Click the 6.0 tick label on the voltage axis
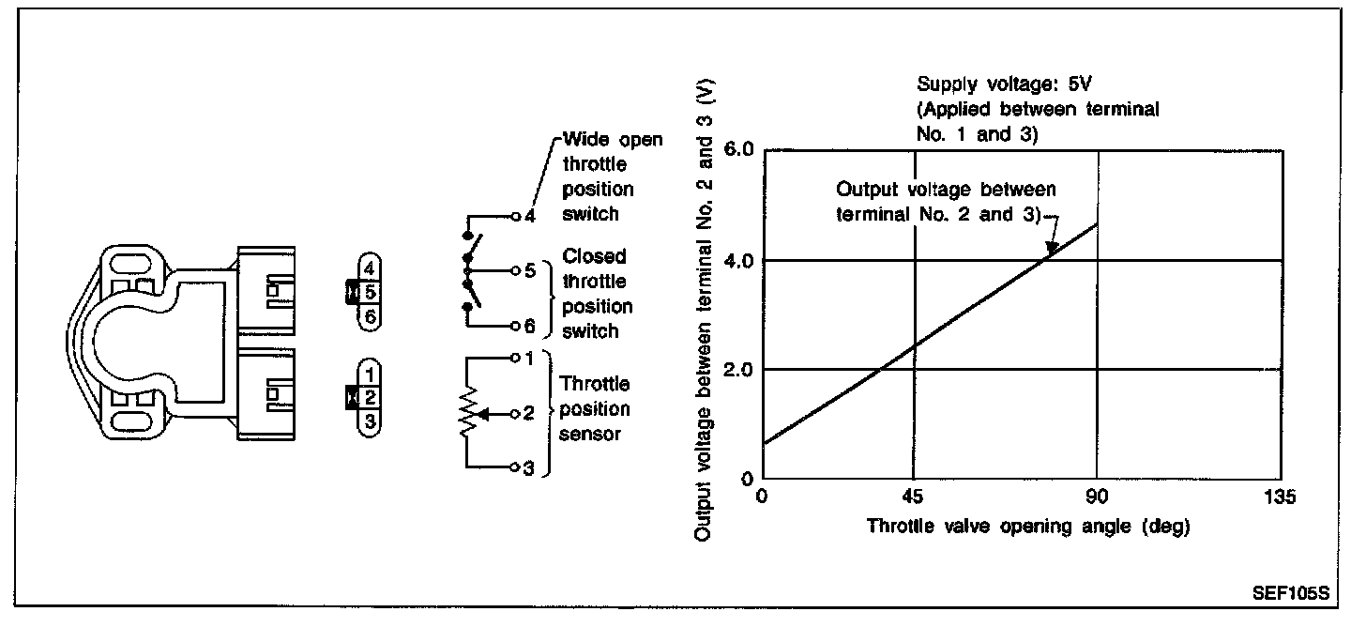pyautogui.click(x=739, y=150)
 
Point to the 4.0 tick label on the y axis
pyautogui.click(x=739, y=260)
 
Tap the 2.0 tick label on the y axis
pyautogui.click(x=739, y=369)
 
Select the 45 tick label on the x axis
pyautogui.click(x=913, y=497)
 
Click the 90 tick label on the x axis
pyautogui.click(x=1097, y=497)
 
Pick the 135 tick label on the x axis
pyautogui.click(x=1280, y=497)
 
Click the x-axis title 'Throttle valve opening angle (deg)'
pyautogui.click(x=1028, y=526)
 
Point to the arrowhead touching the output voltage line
pyautogui.click(x=1053, y=249)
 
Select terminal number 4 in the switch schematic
pyautogui.click(x=530, y=217)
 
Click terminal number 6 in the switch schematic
pyautogui.click(x=530, y=327)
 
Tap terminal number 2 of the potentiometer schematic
pyautogui.click(x=529, y=413)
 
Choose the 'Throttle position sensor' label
pyautogui.click(x=595, y=409)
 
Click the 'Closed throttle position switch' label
pyautogui.click(x=597, y=293)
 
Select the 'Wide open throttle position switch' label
pyautogui.click(x=611, y=176)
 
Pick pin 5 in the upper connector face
pyautogui.click(x=371, y=292)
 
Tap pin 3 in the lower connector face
pyautogui.click(x=371, y=421)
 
